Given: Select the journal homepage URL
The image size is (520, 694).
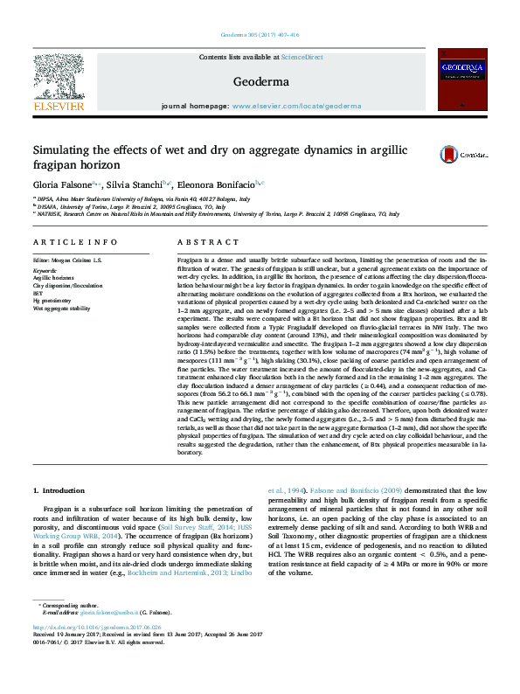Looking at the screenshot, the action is tap(296, 106).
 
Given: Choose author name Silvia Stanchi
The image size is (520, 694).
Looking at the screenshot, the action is tap(135, 184).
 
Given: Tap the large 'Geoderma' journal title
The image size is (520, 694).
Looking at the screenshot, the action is tap(260, 82).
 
